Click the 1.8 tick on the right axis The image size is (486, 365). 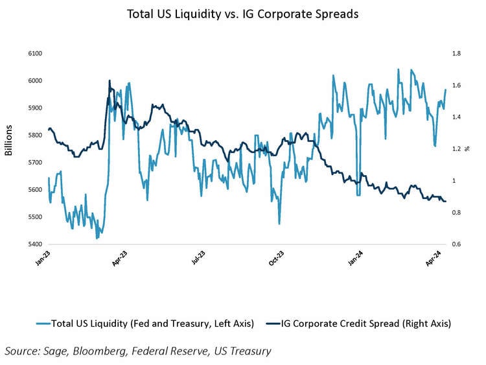(x=456, y=53)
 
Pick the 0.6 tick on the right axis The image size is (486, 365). (x=456, y=244)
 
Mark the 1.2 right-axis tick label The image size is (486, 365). (x=456, y=149)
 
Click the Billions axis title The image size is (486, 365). (x=8, y=140)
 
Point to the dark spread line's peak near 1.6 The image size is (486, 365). (x=110, y=81)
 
